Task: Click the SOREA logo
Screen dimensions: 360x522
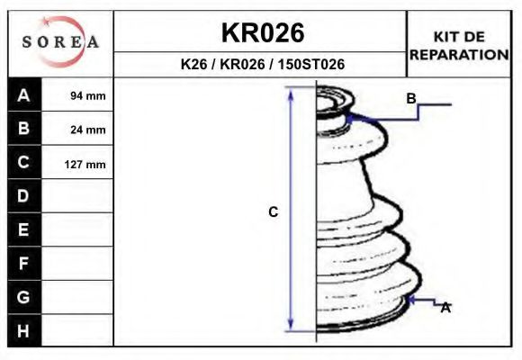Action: coord(60,42)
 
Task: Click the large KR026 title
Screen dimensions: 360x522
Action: coord(263,33)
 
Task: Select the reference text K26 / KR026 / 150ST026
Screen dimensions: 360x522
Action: coord(263,65)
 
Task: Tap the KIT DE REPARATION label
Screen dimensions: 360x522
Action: coord(459,45)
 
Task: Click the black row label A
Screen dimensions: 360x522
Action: coord(24,94)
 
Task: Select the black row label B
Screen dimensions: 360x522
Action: coord(24,129)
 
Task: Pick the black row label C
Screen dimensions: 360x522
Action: coord(24,163)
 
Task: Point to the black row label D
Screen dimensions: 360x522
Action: coord(24,196)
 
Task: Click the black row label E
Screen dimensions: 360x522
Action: coord(24,230)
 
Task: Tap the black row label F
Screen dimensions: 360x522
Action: coord(24,264)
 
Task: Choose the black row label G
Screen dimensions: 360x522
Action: coord(24,297)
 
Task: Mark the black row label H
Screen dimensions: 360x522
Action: coord(24,331)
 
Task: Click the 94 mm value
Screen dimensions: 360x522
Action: coord(88,95)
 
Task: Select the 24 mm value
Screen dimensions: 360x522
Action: coord(88,130)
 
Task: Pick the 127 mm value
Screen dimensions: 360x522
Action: coord(86,164)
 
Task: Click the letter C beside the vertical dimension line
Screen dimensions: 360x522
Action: coord(274,212)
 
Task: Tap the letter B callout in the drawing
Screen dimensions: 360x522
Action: coord(410,99)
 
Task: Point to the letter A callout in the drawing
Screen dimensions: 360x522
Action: coord(445,308)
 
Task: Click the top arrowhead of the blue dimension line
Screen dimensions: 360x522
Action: coord(291,92)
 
